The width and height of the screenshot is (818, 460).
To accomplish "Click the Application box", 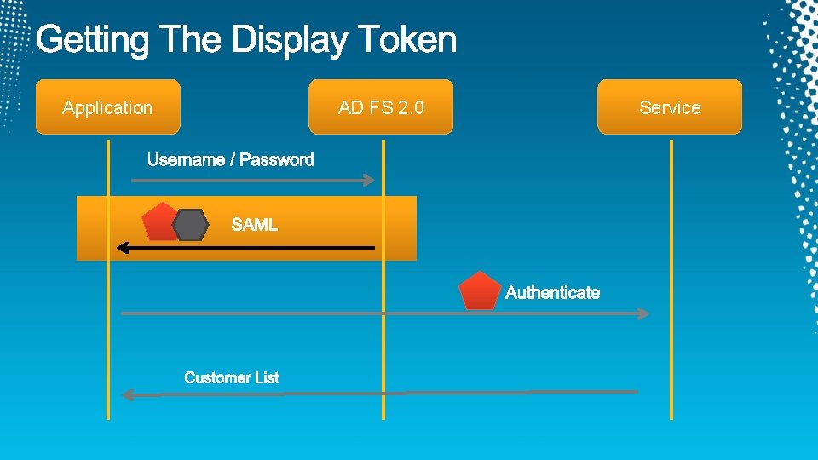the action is [107, 107].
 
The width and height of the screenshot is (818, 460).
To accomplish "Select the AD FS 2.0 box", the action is [380, 107].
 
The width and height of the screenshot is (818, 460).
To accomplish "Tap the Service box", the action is [670, 107].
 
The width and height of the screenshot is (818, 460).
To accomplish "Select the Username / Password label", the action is [230, 160].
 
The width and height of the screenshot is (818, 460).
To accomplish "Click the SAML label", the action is [255, 225].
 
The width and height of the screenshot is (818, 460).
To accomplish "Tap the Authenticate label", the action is [552, 293].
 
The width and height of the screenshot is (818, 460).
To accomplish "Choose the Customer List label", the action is [232, 377].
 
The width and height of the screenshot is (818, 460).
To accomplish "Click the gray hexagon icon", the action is [190, 225].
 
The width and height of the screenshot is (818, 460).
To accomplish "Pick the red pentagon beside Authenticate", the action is [480, 291].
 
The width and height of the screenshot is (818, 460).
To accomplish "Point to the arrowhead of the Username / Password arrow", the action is [370, 180].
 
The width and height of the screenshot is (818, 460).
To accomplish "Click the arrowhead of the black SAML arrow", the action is [122, 248].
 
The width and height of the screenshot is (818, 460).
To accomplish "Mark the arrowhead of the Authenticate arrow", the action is [644, 313].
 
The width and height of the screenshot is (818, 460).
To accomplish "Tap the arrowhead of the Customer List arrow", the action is [128, 394].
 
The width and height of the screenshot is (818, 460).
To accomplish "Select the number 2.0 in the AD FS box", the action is [410, 107].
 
